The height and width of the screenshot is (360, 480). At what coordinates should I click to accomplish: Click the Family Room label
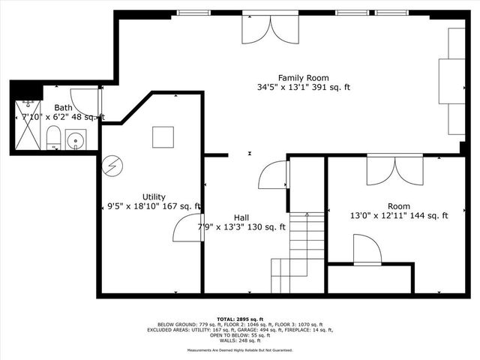pyautogui.click(x=303, y=77)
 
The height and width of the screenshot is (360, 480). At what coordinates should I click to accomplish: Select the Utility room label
pyautogui.click(x=154, y=196)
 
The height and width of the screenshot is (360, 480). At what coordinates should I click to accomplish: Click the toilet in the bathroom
pyautogui.click(x=53, y=138)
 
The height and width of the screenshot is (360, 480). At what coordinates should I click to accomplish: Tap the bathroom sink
pyautogui.click(x=75, y=139)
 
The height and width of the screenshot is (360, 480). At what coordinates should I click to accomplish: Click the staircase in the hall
pyautogui.click(x=301, y=247)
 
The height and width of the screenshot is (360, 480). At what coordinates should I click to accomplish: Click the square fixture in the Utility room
pyautogui.click(x=163, y=137)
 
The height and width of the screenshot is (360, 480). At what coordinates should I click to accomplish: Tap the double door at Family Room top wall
pyautogui.click(x=271, y=28)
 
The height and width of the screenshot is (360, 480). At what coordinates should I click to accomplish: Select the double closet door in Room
pyautogui.click(x=394, y=170)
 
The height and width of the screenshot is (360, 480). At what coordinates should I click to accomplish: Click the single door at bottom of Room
pyautogui.click(x=367, y=250)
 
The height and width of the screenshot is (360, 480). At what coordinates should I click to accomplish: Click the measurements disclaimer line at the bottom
pyautogui.click(x=240, y=350)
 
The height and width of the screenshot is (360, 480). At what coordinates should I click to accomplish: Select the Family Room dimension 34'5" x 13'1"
pyautogui.click(x=303, y=87)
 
